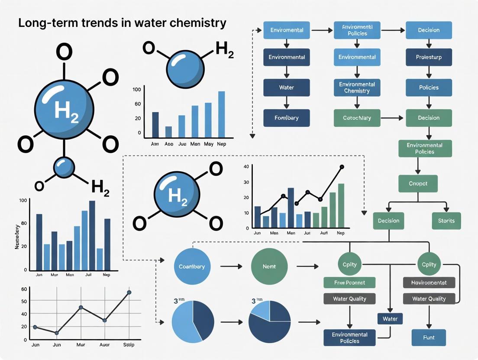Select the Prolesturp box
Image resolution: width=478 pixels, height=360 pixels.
(x=429, y=57)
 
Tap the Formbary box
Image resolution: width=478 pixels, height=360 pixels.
(x=287, y=118)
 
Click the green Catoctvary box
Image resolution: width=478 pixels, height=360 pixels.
(x=357, y=118)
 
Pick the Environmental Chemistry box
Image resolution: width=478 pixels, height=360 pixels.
(x=357, y=87)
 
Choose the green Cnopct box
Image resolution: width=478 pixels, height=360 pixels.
(x=418, y=183)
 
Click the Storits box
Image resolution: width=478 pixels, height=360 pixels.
(x=446, y=221)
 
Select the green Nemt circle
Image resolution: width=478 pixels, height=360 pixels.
(x=269, y=267)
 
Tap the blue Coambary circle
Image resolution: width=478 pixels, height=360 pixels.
(x=192, y=267)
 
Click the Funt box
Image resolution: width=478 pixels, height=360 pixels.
(x=429, y=337)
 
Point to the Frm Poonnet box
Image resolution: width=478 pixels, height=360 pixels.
(x=349, y=283)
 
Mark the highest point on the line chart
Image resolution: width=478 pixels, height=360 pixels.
(x=129, y=293)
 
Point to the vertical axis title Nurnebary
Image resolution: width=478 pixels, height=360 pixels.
(x=18, y=236)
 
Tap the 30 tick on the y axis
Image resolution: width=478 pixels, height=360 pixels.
(x=246, y=182)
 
